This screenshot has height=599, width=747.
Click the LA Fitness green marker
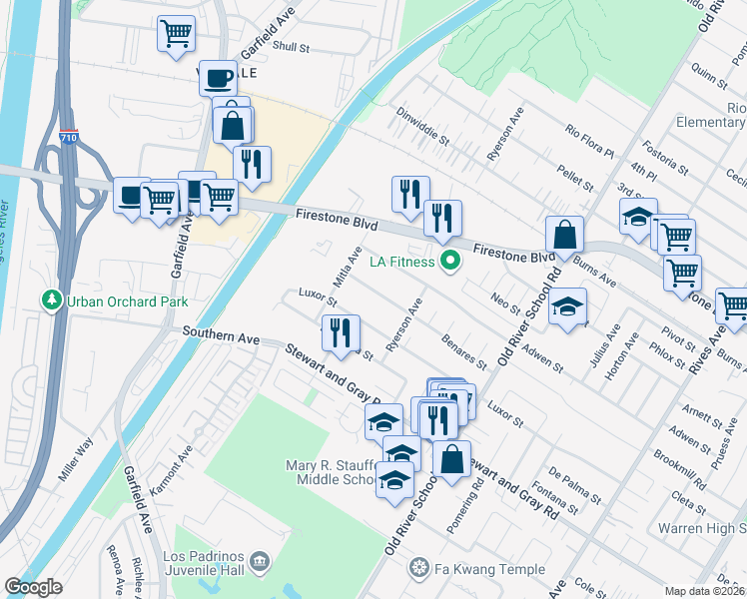[450, 263]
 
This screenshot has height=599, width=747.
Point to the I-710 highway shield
[68, 139]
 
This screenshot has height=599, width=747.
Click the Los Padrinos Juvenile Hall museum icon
[261, 562]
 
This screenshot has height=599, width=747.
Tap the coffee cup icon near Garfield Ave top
[218, 77]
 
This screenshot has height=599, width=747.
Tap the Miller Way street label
[75, 458]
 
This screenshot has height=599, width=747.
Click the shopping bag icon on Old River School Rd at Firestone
[564, 236]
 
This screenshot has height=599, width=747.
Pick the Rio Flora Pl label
[589, 141]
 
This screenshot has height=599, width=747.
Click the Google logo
[34, 587]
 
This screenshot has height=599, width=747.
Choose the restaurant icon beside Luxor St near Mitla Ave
[341, 331]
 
